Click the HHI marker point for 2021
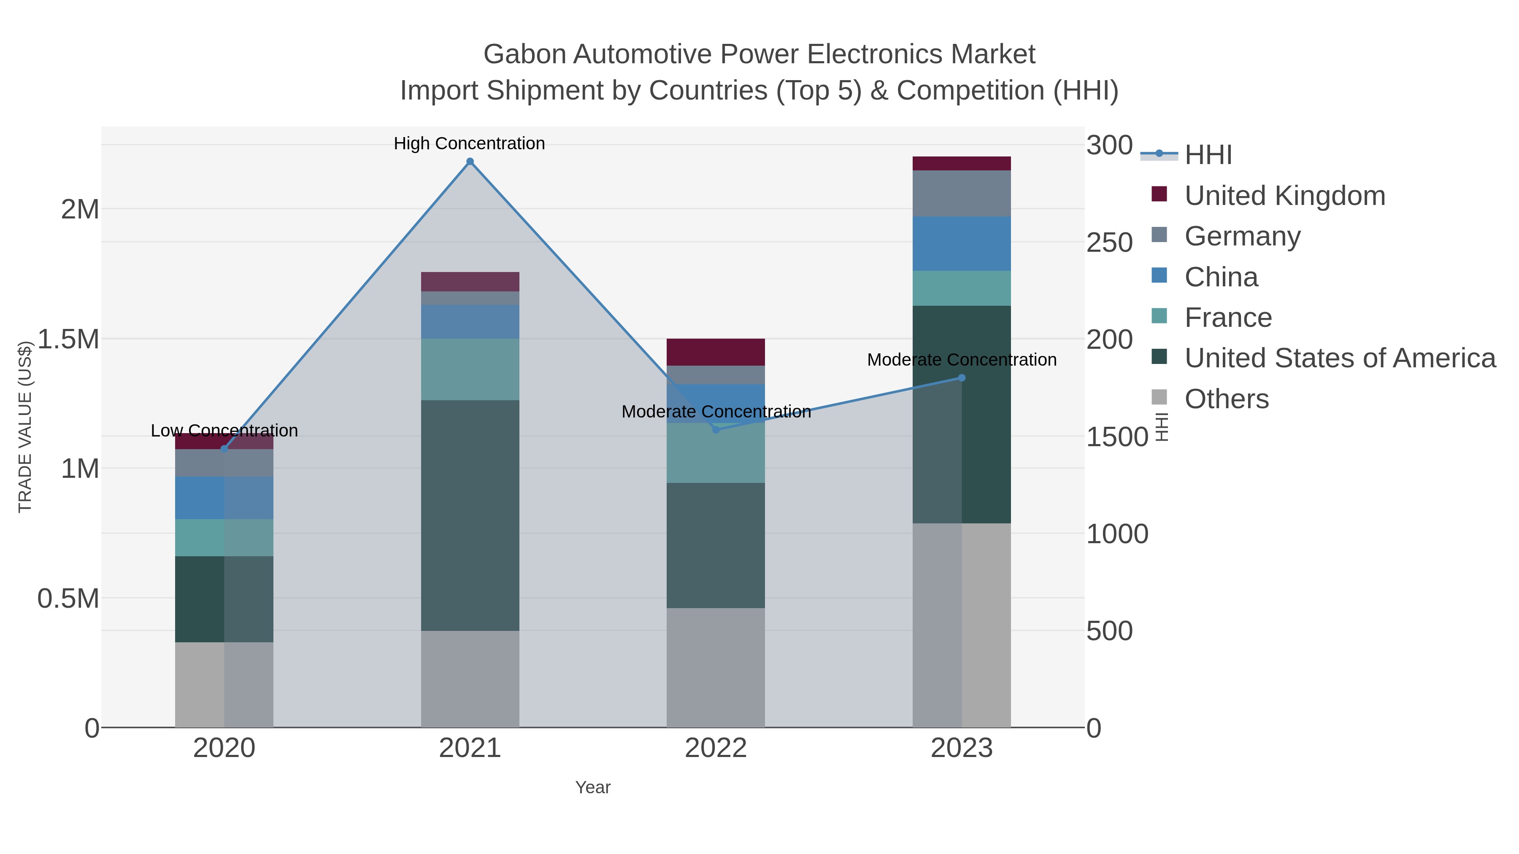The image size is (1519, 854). coord(470,162)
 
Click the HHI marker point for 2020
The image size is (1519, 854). coord(224,449)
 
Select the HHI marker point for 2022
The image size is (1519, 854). coord(716,430)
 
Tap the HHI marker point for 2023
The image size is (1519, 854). coord(962,378)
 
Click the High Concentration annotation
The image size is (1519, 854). coord(469,144)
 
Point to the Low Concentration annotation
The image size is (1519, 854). coord(224,431)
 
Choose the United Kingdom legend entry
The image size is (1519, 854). coord(1284,196)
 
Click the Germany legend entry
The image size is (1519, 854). coord(1242,236)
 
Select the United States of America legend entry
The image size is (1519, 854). coord(1340,358)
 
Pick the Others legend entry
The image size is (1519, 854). coord(1226,399)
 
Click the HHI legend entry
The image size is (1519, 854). coord(1208,155)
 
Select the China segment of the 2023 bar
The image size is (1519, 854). coord(962,243)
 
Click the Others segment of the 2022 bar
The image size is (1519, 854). coord(716,667)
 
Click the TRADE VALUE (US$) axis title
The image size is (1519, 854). coord(25,427)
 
